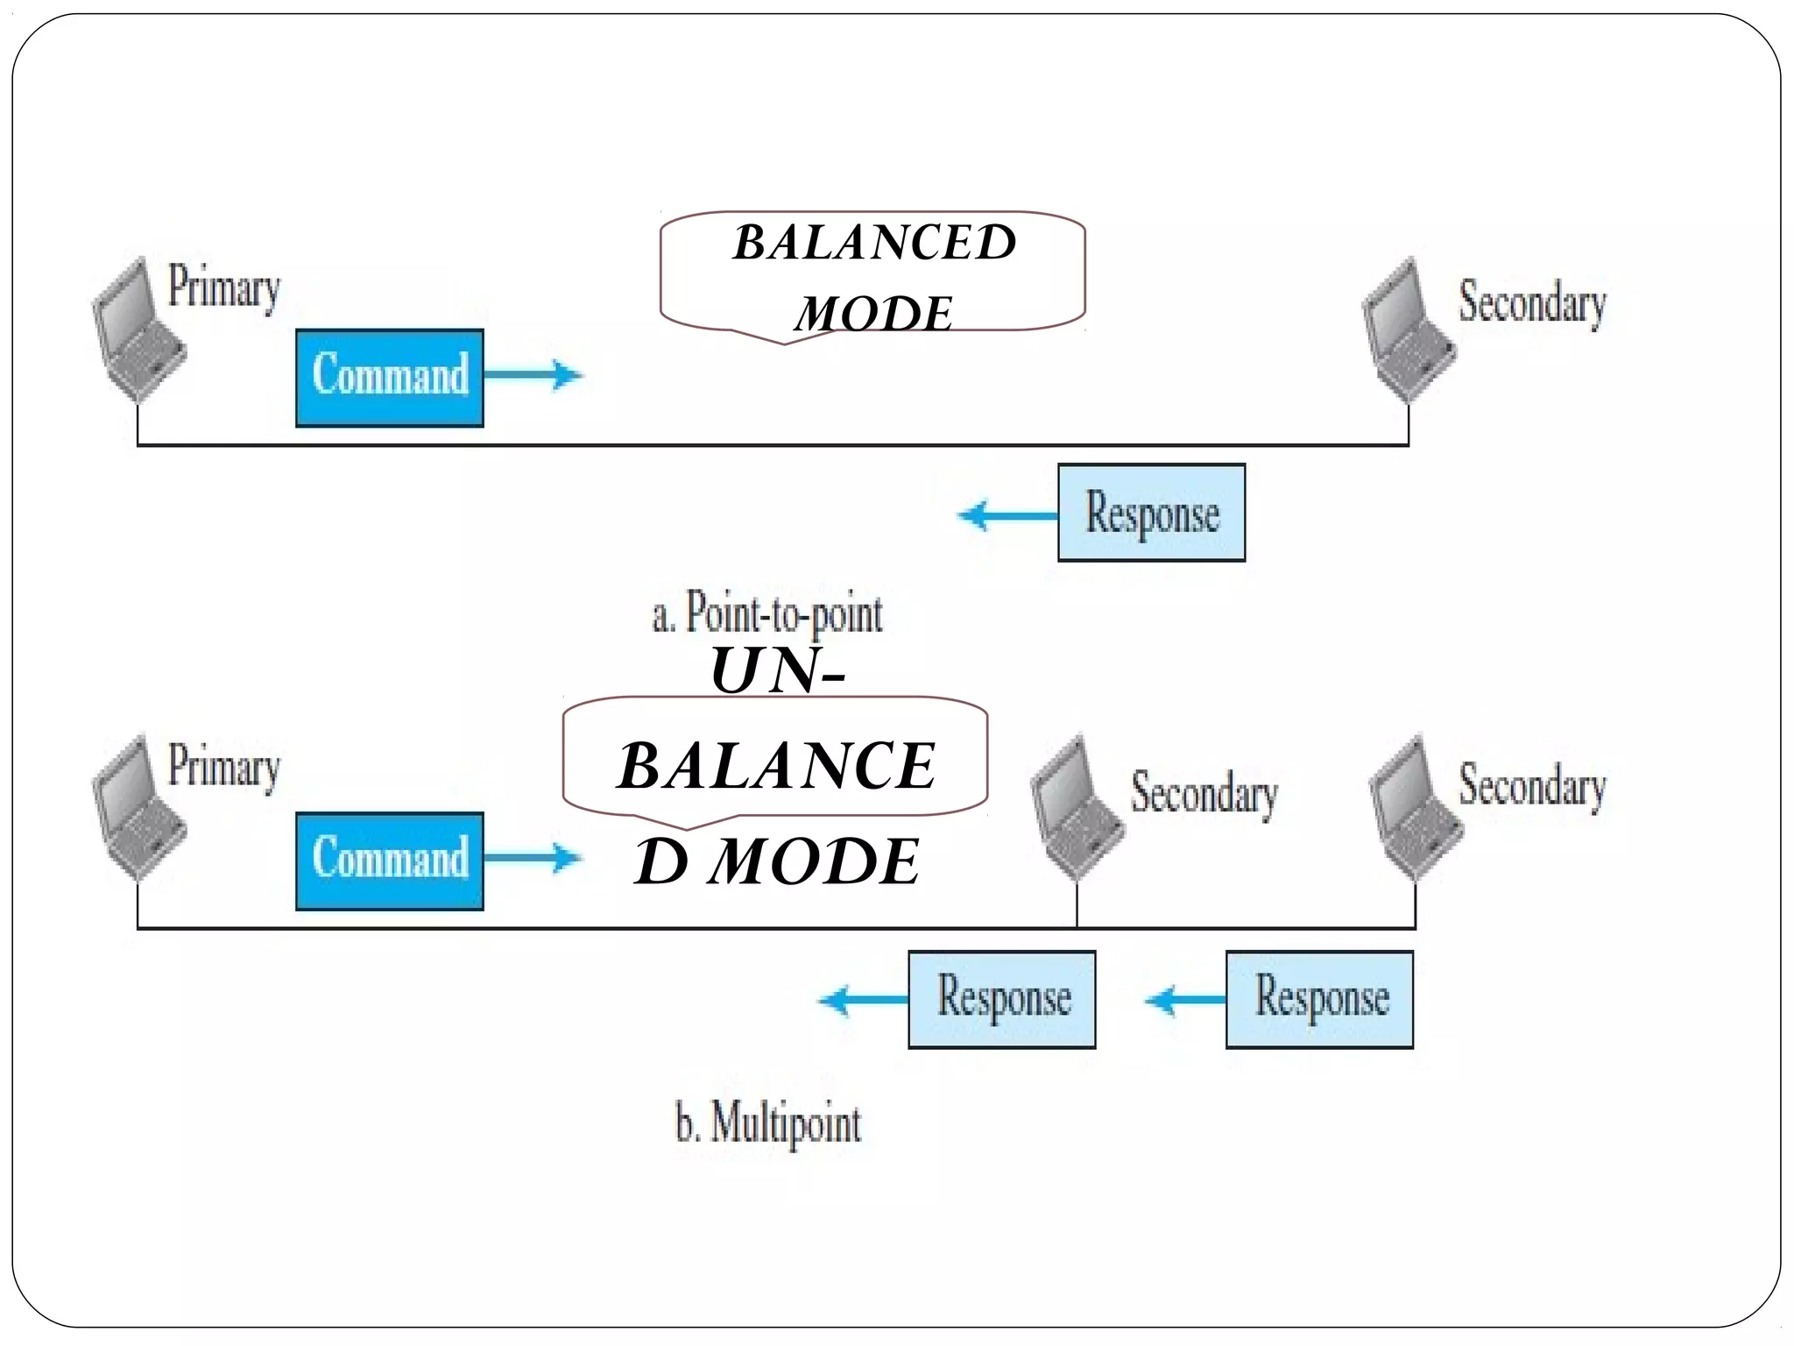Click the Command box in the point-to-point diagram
coord(389,378)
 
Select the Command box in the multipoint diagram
coord(389,861)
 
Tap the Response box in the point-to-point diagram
coord(1151,513)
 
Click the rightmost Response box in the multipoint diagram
coord(1319,999)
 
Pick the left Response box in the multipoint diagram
coord(1001,999)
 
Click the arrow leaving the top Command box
coord(533,375)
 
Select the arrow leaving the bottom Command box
coord(533,858)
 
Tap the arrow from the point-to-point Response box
coord(1007,515)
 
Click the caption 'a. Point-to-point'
coord(767,613)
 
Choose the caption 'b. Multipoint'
coord(768,1123)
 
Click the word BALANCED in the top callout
coord(874,243)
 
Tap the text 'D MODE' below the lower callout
coord(777,861)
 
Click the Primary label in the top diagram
coord(223,287)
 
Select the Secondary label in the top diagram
coord(1531,302)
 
